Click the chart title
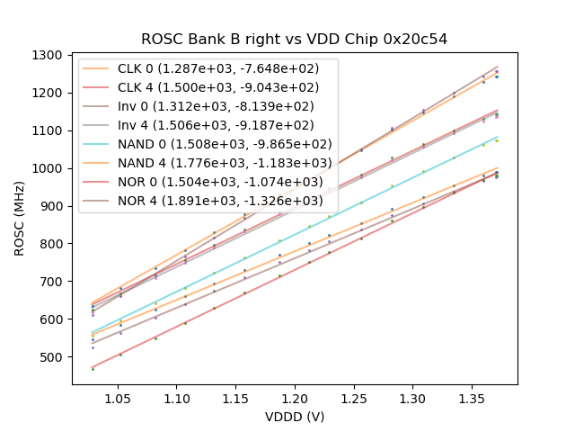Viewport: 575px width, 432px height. point(294,40)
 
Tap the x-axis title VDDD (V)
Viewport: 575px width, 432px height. point(294,417)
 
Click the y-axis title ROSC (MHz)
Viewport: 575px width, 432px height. point(20,217)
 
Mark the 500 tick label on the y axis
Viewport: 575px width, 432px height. point(52,357)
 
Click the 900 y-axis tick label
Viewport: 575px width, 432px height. point(52,206)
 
